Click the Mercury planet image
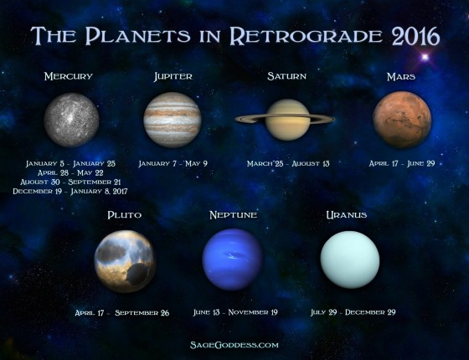tap(71, 118)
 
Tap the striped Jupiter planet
tap(172, 119)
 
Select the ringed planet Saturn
tap(286, 119)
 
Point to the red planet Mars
tap(402, 119)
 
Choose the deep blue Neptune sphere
tap(232, 259)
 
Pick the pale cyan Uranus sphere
tap(350, 259)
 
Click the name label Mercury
tap(69, 77)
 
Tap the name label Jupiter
tap(173, 77)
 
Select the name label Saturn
tap(286, 76)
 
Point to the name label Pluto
tap(124, 215)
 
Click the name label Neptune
tap(232, 215)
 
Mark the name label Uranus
tap(346, 215)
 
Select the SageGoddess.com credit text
tap(234, 344)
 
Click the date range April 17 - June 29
tap(403, 164)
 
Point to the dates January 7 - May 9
tap(173, 164)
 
